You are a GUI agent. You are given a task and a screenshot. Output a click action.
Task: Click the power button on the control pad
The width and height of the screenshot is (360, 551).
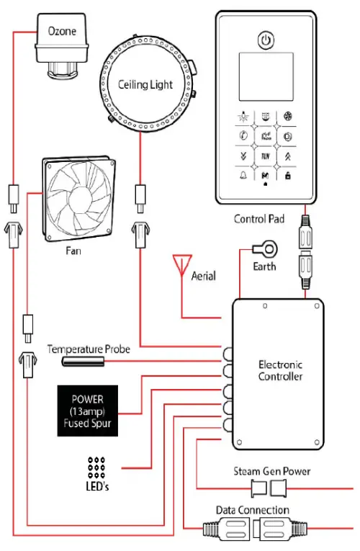pos(266,40)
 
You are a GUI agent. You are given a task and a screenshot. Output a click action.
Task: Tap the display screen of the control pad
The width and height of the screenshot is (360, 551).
pos(266,76)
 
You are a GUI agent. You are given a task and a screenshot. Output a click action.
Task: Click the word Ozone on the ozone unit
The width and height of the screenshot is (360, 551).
pos(63,32)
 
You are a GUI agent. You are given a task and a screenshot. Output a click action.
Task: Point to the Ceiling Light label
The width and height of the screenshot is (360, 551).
pos(146,85)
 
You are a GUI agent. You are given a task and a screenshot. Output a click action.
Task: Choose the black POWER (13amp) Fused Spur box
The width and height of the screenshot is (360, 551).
pos(88,412)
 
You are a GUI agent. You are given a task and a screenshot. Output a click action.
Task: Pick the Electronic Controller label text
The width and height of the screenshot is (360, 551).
pos(281,371)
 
